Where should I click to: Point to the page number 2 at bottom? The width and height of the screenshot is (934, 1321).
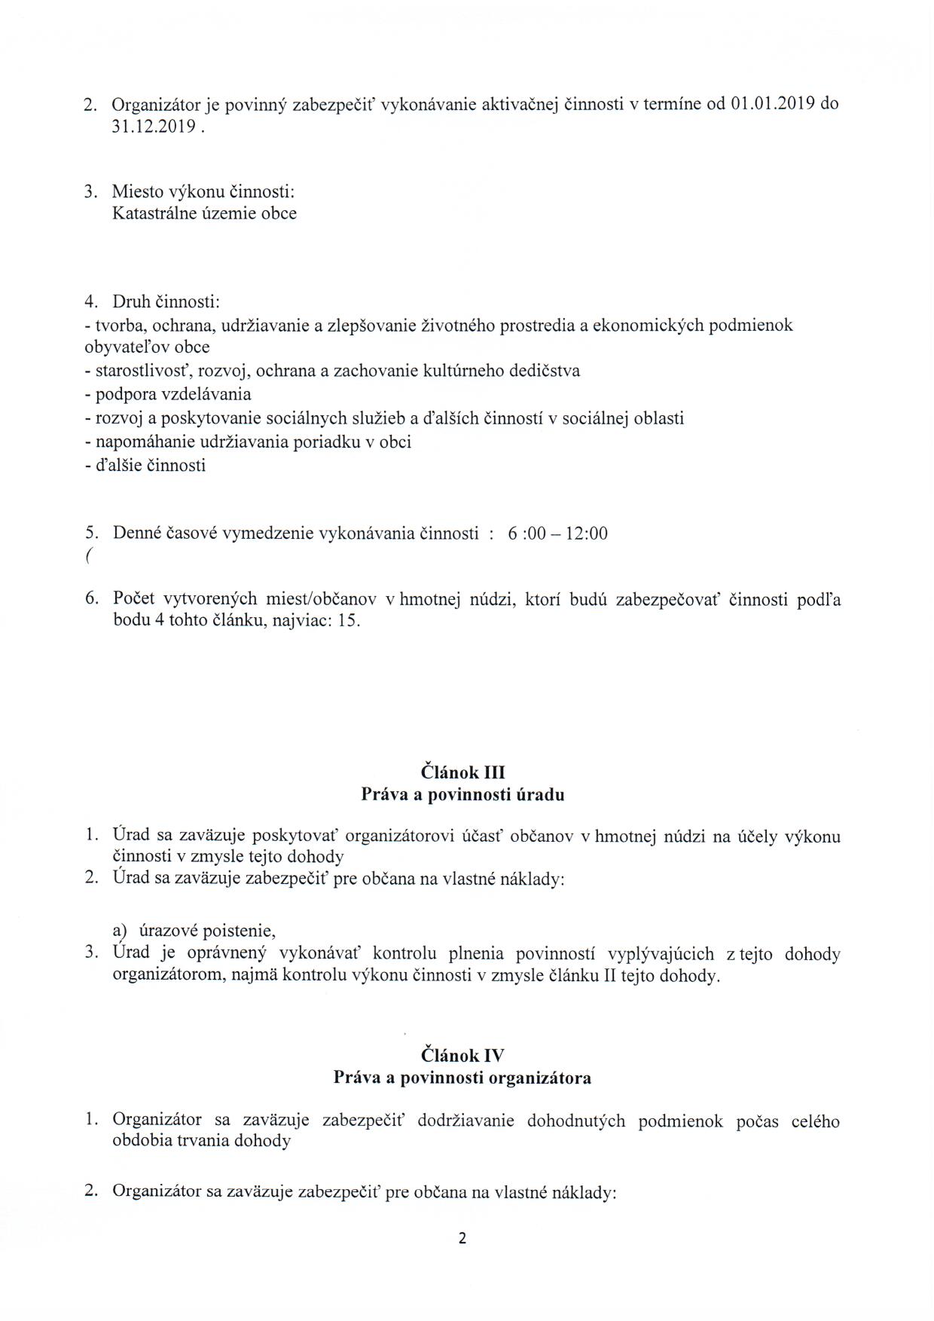click(462, 1238)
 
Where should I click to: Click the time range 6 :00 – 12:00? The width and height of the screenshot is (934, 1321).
click(557, 534)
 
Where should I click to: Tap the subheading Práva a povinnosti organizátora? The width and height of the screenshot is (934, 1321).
click(462, 1078)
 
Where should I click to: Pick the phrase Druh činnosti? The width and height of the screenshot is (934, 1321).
click(166, 302)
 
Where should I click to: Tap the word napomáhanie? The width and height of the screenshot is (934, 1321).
click(144, 442)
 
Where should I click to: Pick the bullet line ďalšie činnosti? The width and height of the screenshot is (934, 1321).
click(150, 465)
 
